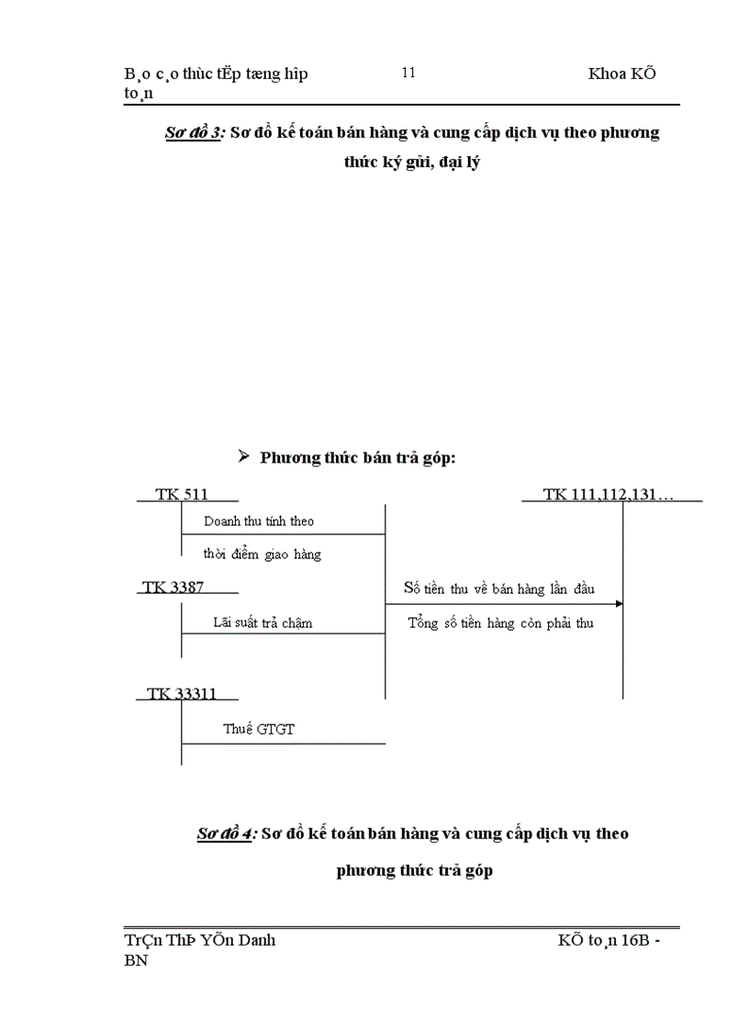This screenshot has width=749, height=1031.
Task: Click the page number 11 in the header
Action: click(408, 73)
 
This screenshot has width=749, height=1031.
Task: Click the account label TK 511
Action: click(182, 494)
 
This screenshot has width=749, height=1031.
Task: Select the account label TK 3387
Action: click(173, 587)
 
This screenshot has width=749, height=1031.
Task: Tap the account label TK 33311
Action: click(182, 693)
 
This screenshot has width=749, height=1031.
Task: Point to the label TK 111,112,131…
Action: click(609, 494)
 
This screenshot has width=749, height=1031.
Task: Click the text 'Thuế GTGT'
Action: click(259, 729)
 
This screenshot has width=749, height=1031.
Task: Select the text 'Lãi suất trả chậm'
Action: click(263, 622)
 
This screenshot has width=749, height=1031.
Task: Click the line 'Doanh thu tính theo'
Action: click(259, 521)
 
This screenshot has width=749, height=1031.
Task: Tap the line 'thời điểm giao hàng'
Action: click(263, 554)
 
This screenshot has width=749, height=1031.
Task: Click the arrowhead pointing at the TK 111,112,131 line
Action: click(619, 603)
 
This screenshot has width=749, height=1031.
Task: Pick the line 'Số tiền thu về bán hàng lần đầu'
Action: click(499, 588)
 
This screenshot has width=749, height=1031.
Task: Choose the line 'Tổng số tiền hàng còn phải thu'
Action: click(500, 622)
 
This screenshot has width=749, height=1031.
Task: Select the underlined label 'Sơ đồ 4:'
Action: click(226, 834)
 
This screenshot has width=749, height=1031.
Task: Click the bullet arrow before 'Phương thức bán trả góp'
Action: click(244, 456)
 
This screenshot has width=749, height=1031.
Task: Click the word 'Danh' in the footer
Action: click(256, 940)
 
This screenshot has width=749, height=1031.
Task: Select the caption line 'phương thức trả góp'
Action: click(415, 870)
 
